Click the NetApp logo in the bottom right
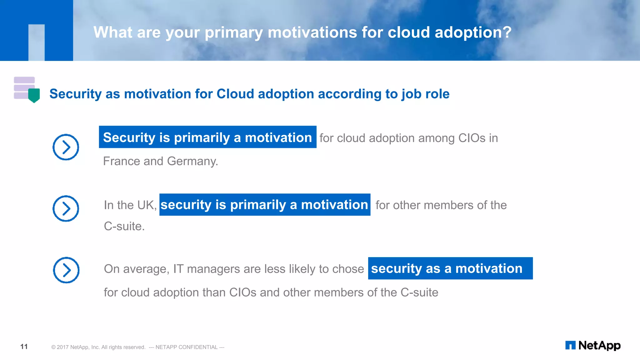[x=593, y=345]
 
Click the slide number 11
[x=24, y=347]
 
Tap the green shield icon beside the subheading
[x=34, y=95]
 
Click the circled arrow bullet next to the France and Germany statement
[x=66, y=147]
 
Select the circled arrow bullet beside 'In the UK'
[x=66, y=208]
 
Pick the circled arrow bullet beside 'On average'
[x=66, y=270]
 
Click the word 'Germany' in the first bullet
[x=192, y=161]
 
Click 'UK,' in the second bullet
[x=147, y=205]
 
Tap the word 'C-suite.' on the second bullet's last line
[x=124, y=226]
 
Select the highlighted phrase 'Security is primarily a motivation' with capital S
[x=207, y=137]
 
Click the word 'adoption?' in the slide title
[x=473, y=32]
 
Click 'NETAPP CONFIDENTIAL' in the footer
[x=187, y=347]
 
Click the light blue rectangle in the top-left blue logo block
[x=37, y=42]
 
